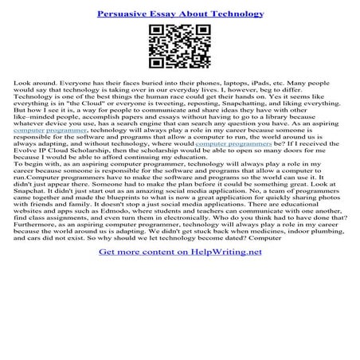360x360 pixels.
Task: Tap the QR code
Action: pyautogui.click(x=179, y=49)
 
